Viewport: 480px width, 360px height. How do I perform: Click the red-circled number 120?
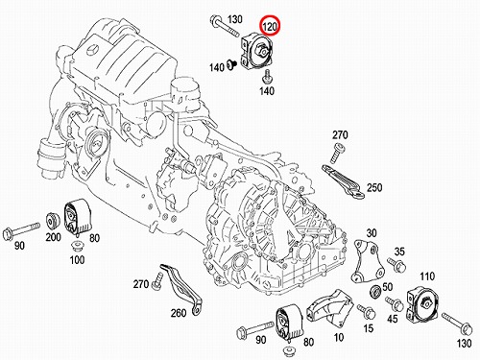[x=270, y=26]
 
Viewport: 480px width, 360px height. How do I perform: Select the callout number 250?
[x=374, y=187]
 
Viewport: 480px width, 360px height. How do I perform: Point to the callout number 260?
[x=179, y=312]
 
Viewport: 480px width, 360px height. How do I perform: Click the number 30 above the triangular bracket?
[x=372, y=233]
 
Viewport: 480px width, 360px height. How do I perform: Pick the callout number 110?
[x=427, y=276]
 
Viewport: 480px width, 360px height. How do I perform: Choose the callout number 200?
[x=53, y=237]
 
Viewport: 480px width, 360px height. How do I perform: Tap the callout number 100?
[x=77, y=259]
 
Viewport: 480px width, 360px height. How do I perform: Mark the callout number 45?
[x=393, y=319]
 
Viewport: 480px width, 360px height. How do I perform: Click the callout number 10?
[x=338, y=337]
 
